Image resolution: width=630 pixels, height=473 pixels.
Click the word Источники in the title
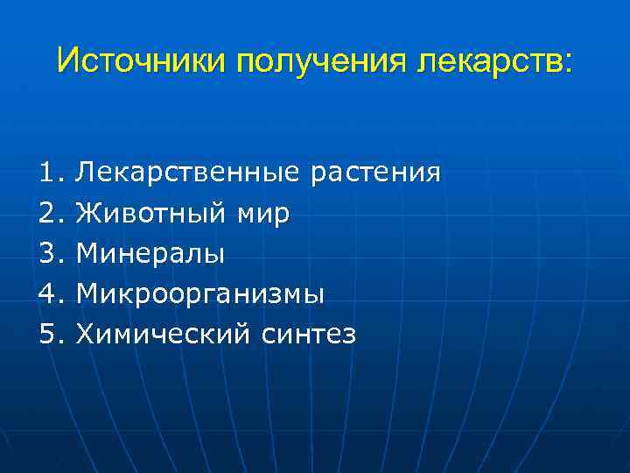pyautogui.click(x=140, y=60)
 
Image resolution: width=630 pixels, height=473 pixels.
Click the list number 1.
pyautogui.click(x=47, y=173)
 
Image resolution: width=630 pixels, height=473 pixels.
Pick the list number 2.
pyautogui.click(x=47, y=213)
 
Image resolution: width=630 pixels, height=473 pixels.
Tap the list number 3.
pyautogui.click(x=47, y=253)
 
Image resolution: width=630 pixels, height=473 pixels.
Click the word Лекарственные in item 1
pyautogui.click(x=188, y=173)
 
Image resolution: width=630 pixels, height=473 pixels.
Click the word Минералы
pyautogui.click(x=150, y=253)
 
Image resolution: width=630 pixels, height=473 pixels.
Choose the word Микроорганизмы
pyautogui.click(x=200, y=295)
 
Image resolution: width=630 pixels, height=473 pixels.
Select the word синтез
pyautogui.click(x=307, y=335)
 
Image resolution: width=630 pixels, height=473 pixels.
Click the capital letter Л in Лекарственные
pyautogui.click(x=86, y=173)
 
